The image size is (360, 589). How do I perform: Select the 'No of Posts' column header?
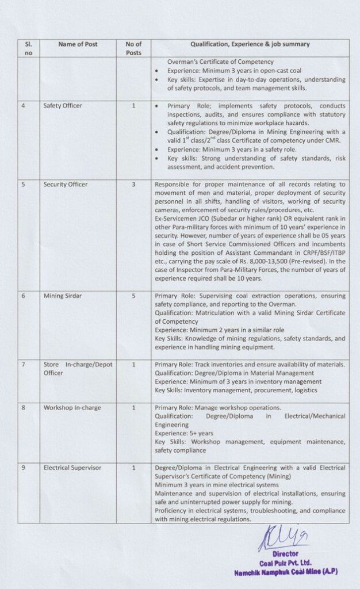tap(133, 48)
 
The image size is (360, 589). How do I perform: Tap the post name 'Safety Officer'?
tap(63, 106)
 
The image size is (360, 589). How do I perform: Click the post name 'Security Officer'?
tap(65, 185)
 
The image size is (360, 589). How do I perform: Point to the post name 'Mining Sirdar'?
tap(63, 296)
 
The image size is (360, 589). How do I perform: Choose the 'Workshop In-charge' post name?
tap(72, 408)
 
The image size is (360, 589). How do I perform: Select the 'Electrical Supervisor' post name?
tap(72, 468)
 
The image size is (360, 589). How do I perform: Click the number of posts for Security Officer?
tap(133, 185)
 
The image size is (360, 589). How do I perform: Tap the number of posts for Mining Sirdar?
tap(133, 296)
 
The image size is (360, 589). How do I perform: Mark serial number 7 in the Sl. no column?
tap(23, 364)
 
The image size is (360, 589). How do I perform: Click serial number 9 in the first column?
tap(23, 468)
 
